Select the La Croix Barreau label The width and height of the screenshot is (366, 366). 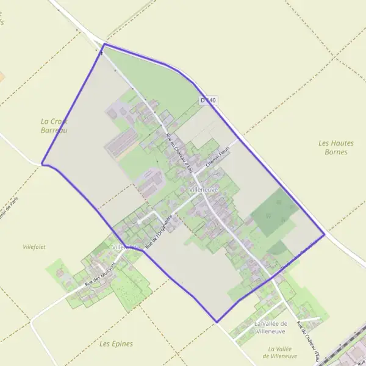pyautogui.click(x=54, y=126)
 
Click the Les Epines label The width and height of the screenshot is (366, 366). pyautogui.click(x=116, y=343)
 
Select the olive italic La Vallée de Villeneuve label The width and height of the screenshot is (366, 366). pyautogui.click(x=279, y=352)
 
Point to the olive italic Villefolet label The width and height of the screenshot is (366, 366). pyautogui.click(x=34, y=247)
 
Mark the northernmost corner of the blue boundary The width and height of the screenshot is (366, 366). pyautogui.click(x=104, y=44)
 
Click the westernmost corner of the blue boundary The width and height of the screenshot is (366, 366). pyautogui.click(x=41, y=163)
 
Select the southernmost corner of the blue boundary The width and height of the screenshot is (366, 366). pyautogui.click(x=216, y=321)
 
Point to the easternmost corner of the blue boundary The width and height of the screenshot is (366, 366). pyautogui.click(x=325, y=234)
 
